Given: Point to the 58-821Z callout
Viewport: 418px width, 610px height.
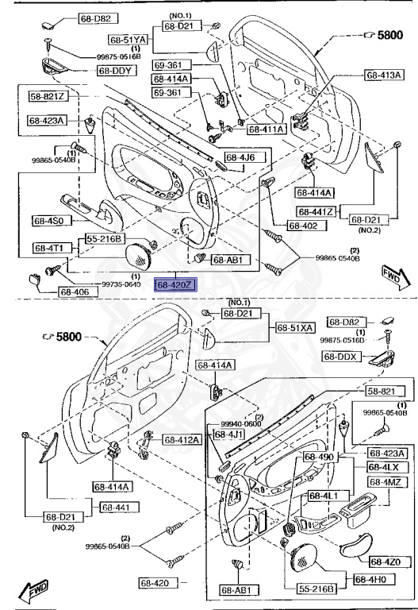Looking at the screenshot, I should click(x=48, y=97).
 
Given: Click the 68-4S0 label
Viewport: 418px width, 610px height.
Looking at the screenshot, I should click(x=52, y=220).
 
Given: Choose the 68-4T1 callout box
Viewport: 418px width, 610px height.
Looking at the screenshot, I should click(x=52, y=248).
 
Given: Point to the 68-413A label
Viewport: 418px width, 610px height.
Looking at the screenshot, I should click(x=384, y=75).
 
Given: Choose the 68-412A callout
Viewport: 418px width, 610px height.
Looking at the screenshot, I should click(x=182, y=439).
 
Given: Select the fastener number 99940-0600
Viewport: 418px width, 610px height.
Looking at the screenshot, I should click(x=242, y=424).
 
